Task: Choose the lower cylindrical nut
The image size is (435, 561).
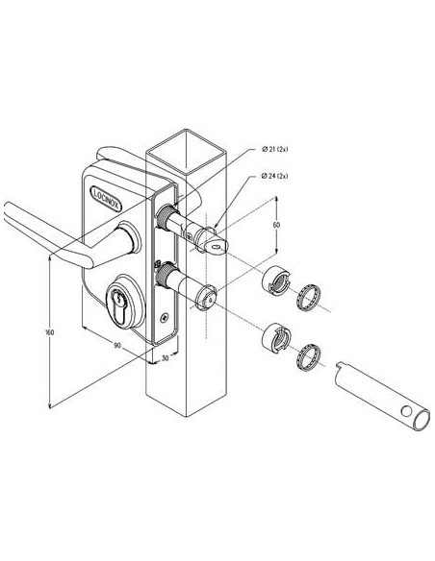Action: pos(274,339)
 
